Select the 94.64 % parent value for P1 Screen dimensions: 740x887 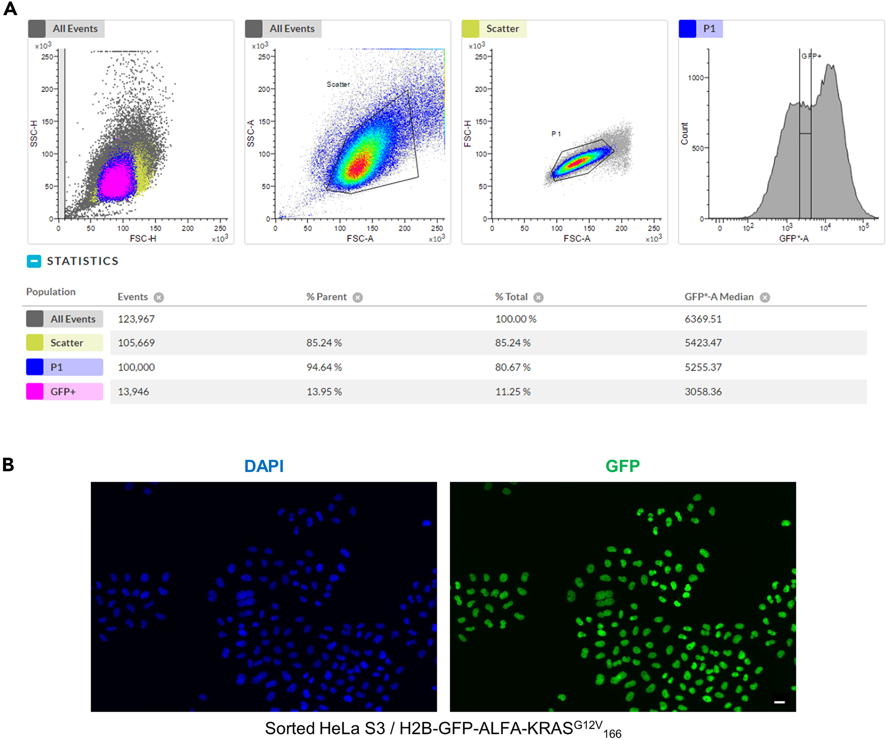coord(324,367)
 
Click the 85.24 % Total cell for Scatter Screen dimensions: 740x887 coord(512,343)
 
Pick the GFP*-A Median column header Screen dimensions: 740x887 coord(718,297)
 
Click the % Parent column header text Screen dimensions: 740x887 coord(326,297)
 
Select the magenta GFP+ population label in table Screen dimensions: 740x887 coord(63,392)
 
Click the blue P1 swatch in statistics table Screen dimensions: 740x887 coord(35,367)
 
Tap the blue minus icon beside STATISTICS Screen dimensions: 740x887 coord(34,261)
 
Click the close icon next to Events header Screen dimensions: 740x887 coord(159,298)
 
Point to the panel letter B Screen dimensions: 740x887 coord(8,465)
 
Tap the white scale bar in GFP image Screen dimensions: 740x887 coord(779,702)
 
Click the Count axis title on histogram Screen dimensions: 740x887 coord(684,133)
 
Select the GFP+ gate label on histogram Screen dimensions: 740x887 coord(811,56)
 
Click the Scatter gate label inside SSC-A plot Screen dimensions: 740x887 coord(338,84)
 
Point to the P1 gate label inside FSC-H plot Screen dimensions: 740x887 coord(556,134)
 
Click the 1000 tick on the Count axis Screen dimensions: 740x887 coord(696,78)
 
